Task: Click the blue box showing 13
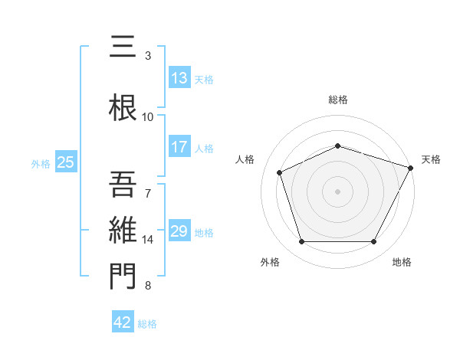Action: coord(179,78)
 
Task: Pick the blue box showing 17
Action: coord(179,147)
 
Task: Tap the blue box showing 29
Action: coord(179,231)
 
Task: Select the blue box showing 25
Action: coord(66,162)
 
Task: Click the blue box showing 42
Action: coord(123,322)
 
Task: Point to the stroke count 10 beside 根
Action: coord(148,116)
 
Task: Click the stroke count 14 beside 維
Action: coord(148,240)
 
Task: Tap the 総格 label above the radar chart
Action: coord(337,100)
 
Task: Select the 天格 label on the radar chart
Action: coord(431,159)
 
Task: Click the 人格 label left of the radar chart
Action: coord(245,159)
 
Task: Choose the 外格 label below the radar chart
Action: coord(270,263)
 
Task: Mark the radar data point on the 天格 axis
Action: coord(412,167)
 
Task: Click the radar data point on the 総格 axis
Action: coord(337,146)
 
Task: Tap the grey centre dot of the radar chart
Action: coord(337,191)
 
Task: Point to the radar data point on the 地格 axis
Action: coord(374,242)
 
